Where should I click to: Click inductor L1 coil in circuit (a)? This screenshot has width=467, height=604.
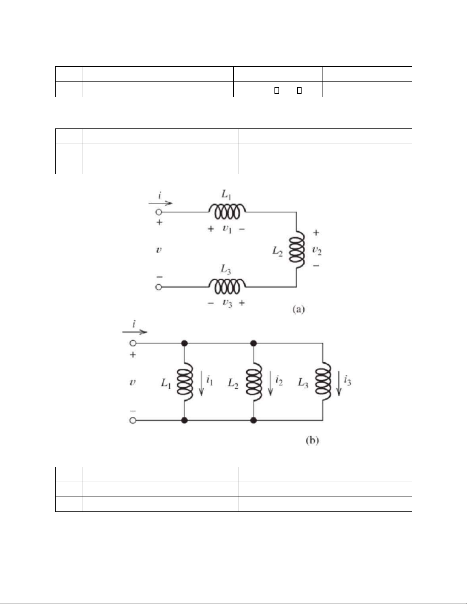coord(227,211)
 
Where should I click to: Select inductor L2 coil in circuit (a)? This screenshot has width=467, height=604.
coord(297,250)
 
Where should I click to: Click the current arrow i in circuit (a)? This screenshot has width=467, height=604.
coord(160,203)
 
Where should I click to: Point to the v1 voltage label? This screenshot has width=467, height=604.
coord(227,229)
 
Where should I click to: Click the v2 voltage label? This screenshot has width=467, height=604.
coord(317,250)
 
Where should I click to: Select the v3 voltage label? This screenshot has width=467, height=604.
coord(227,303)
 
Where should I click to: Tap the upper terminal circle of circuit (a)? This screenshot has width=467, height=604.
coord(159,212)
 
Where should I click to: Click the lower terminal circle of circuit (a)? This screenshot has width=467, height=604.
coord(159,287)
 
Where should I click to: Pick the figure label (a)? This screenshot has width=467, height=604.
coord(298,309)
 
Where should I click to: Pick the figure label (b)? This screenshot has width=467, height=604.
coord(312,441)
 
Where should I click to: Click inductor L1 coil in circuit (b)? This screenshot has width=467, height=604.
coord(185,381)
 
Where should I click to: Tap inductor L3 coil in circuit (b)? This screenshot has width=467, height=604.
coord(323,381)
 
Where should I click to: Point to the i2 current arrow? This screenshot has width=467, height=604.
coord(270,385)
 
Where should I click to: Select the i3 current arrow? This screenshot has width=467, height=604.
coord(339,385)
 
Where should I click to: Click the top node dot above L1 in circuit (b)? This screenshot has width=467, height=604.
coord(185,343)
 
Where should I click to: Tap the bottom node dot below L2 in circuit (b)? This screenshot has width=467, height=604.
coord(254,421)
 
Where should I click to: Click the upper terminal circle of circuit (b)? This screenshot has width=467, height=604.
coord(133,343)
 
